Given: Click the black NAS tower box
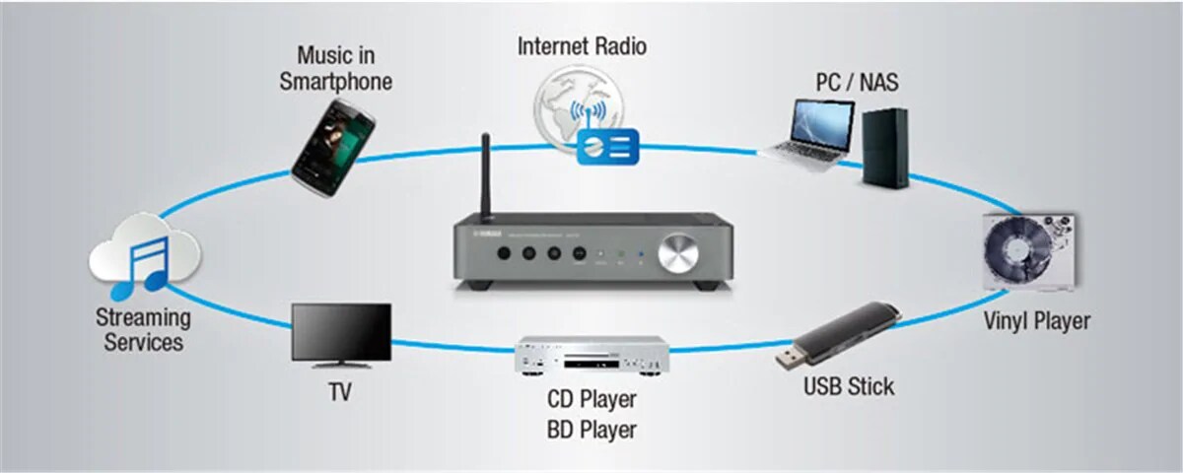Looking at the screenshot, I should pos(883,148).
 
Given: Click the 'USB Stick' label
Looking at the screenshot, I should pos(848,386).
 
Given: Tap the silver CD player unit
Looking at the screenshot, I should pos(591,357).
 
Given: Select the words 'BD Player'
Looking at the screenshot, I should pos(591,430).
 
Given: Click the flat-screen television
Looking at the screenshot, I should pos(341,334).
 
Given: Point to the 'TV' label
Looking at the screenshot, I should pos(340,392).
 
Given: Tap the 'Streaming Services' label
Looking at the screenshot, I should pos(143,330).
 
